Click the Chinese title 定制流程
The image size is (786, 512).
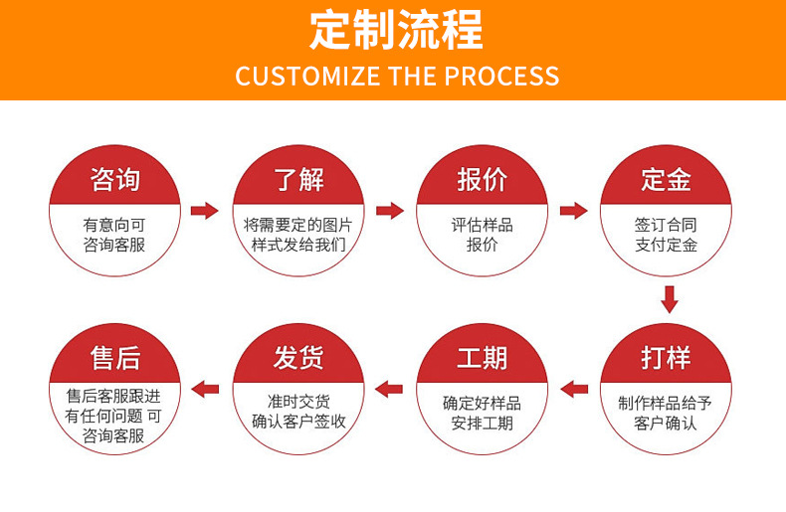click(x=396, y=30)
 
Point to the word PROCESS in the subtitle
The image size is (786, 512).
click(x=501, y=76)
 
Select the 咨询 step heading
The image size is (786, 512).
click(x=115, y=180)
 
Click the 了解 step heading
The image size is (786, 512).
click(x=299, y=180)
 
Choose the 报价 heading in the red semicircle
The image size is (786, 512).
click(x=482, y=180)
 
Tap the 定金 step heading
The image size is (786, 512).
click(x=666, y=180)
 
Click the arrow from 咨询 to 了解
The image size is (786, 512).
click(x=205, y=210)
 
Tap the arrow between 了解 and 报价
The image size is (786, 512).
click(x=390, y=210)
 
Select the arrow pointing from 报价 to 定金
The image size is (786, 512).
click(x=574, y=210)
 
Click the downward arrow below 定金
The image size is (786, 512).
click(x=670, y=298)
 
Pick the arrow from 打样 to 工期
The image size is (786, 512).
click(x=574, y=388)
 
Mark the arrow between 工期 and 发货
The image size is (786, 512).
click(x=389, y=388)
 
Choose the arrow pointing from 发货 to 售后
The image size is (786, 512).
click(x=205, y=388)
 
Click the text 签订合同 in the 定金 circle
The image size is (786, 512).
click(x=666, y=225)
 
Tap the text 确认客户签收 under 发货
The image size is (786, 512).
click(x=298, y=421)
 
